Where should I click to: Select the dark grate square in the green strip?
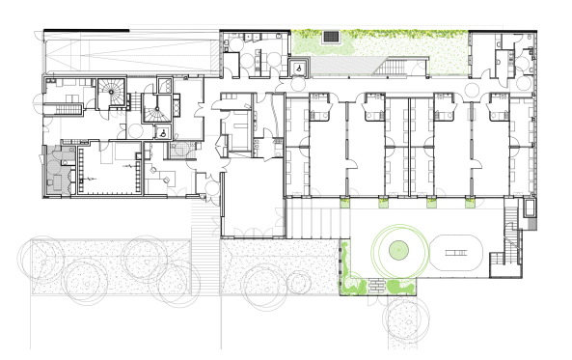click(331, 37)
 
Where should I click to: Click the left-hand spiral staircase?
click(114, 95)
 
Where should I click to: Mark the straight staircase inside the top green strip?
click(395, 66)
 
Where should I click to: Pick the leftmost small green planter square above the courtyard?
click(344, 201)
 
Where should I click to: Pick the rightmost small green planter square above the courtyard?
click(471, 201)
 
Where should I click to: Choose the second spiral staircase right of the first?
click(155, 107)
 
